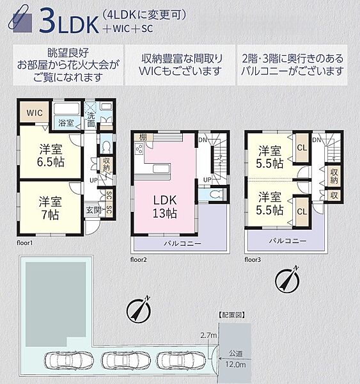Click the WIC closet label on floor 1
[x=35, y=113]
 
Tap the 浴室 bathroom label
[x=65, y=122]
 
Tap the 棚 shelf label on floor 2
[x=144, y=137]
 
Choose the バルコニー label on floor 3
[x=286, y=241]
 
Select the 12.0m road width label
[x=235, y=364]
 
